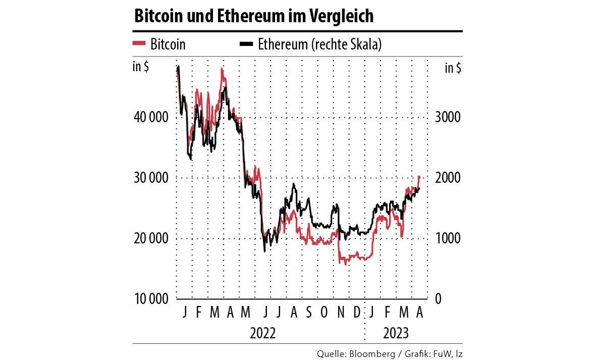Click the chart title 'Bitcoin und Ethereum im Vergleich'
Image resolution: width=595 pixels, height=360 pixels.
[x=253, y=16]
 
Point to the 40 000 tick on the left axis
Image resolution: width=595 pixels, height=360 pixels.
[x=151, y=117]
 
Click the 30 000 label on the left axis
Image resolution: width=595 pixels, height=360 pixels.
[x=151, y=178]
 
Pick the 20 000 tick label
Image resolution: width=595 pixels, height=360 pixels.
[x=151, y=238]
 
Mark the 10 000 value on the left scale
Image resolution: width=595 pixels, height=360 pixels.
[x=151, y=299]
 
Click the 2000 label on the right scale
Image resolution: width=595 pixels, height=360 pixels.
[x=448, y=178]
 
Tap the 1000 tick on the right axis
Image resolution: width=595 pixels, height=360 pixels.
[x=448, y=238]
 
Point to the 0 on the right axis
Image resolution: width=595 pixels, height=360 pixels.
[x=438, y=299]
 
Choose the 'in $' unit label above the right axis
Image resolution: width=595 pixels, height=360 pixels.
[x=453, y=68]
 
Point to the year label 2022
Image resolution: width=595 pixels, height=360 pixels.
[x=263, y=334]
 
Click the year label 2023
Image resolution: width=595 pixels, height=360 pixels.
[x=396, y=334]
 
